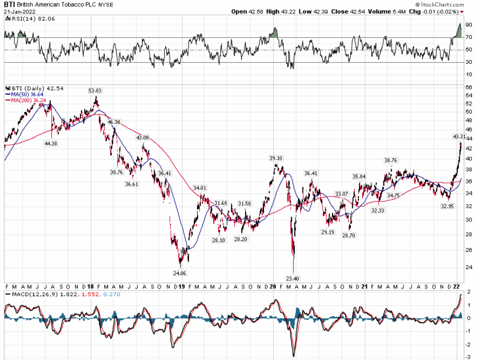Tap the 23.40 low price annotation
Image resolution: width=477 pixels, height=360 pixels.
point(292,278)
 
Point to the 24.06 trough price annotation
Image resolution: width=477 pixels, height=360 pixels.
point(179,273)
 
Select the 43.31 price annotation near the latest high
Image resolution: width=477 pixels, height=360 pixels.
point(460,136)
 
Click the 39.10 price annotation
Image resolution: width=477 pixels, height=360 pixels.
point(275,158)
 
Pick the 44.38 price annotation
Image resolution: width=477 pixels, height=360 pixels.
point(51,144)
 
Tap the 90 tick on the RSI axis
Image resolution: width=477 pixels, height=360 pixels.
point(468,25)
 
